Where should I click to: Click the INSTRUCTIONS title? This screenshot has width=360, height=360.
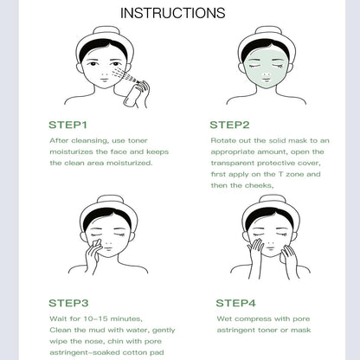click(172, 13)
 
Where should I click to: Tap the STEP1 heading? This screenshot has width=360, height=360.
click(67, 125)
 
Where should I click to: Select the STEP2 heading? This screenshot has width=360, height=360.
click(229, 125)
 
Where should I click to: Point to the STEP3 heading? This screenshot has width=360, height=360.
click(68, 303)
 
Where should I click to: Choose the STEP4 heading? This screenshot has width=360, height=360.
click(236, 303)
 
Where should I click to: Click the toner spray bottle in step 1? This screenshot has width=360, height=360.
click(132, 94)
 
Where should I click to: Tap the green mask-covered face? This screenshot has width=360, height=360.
click(267, 68)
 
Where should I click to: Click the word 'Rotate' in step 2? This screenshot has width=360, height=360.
click(221, 140)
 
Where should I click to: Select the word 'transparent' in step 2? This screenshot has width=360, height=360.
click(232, 164)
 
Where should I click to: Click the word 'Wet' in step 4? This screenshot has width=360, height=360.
click(224, 318)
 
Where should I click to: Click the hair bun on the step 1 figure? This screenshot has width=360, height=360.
click(105, 30)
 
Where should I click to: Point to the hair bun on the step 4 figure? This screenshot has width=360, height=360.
click(267, 199)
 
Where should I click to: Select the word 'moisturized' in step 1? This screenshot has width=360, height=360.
click(129, 164)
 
